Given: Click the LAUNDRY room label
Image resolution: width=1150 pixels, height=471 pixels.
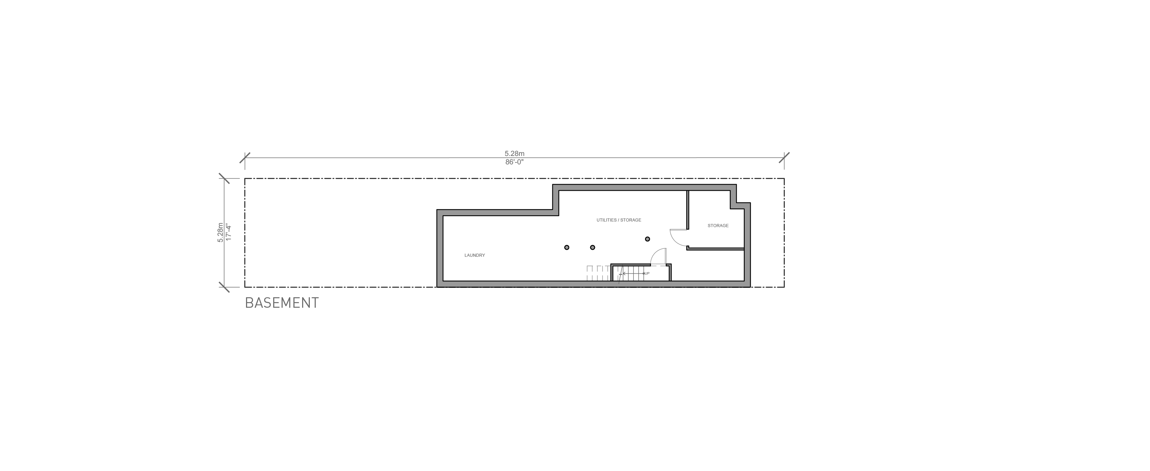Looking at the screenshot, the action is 475,255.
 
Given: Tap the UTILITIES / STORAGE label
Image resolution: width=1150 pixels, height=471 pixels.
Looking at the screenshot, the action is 619,220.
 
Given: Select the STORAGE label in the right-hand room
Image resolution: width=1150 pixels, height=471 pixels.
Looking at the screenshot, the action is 718,226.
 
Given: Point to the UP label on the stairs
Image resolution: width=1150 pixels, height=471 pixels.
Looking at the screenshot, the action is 647,273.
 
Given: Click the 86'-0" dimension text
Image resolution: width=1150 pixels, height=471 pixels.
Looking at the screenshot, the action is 514,162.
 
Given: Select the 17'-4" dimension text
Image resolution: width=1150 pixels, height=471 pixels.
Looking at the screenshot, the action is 229,232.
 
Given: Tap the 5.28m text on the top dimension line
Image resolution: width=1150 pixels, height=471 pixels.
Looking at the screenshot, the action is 514,154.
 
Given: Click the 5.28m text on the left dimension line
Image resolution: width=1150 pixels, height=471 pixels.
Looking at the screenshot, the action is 220,232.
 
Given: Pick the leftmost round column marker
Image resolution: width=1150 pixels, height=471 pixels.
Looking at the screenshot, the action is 567,247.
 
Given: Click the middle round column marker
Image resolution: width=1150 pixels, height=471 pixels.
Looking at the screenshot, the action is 592,247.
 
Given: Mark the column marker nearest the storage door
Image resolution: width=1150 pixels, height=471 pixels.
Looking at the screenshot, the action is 647,239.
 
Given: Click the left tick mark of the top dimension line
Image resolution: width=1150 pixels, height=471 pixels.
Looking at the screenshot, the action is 245,158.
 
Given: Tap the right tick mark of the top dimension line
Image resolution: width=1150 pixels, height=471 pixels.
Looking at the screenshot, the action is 784,158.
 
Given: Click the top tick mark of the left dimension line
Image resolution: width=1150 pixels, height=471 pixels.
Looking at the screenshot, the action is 224,179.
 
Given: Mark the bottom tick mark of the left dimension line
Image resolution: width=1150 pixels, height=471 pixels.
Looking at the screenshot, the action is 224,287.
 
